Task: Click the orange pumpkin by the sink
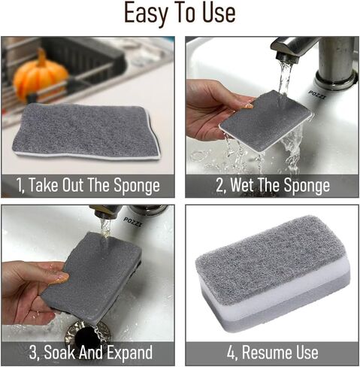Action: point(41,77)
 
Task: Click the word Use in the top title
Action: point(219,13)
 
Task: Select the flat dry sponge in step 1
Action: point(86,132)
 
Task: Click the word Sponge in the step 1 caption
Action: point(137,186)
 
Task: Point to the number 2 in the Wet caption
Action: point(219,186)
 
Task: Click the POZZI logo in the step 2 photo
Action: point(317,96)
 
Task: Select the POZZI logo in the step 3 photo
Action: point(133,222)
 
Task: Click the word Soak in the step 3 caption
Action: point(59,352)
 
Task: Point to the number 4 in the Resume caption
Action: point(231,352)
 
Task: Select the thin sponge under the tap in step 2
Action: point(266,121)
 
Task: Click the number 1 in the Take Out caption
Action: point(20,186)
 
